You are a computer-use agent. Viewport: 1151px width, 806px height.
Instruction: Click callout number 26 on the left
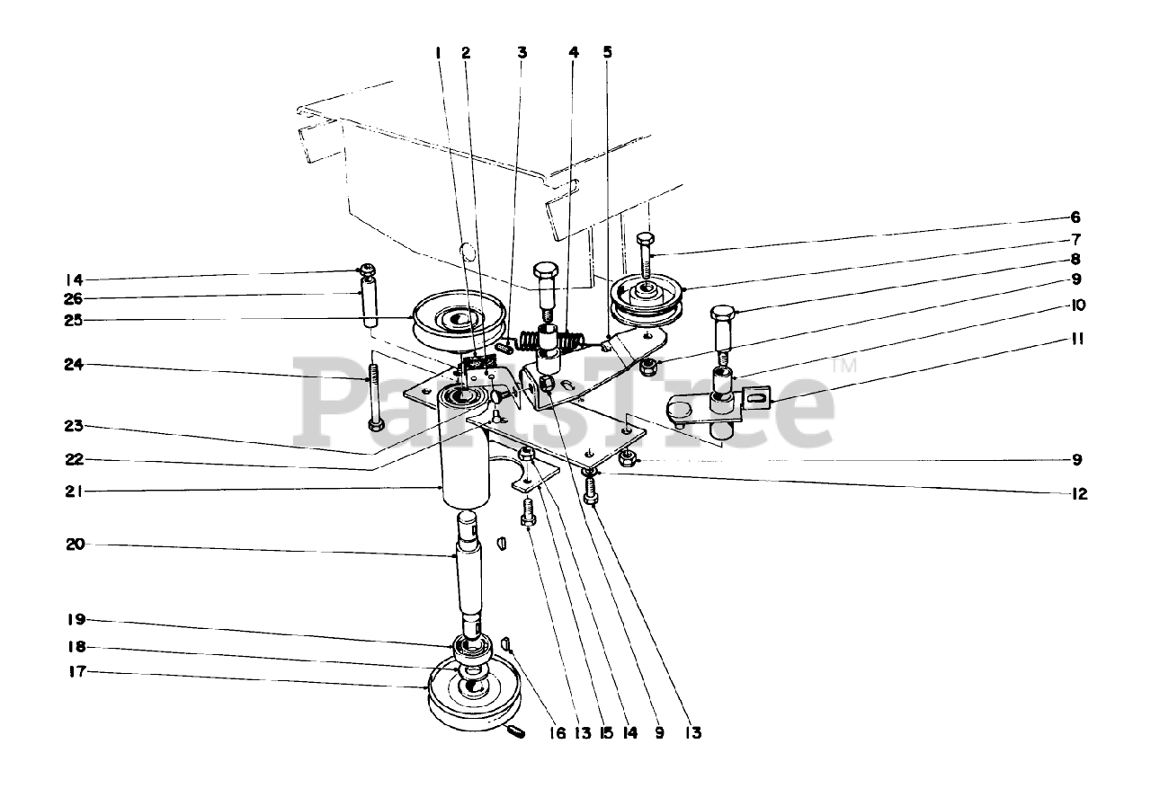tap(76, 297)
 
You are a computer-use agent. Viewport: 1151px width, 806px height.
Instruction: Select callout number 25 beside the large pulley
tap(76, 320)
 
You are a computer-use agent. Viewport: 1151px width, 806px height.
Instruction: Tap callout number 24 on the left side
tap(76, 365)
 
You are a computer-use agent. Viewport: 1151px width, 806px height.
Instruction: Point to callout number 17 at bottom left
tap(74, 670)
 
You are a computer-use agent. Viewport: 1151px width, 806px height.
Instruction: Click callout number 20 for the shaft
tap(76, 545)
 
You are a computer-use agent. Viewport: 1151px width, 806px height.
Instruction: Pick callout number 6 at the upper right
tap(1075, 217)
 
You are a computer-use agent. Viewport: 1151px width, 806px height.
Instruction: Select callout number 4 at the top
tap(574, 52)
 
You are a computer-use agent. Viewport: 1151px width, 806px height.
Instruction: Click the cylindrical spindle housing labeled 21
tap(464, 449)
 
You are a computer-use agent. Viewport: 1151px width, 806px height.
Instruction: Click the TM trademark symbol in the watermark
tap(843, 367)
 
